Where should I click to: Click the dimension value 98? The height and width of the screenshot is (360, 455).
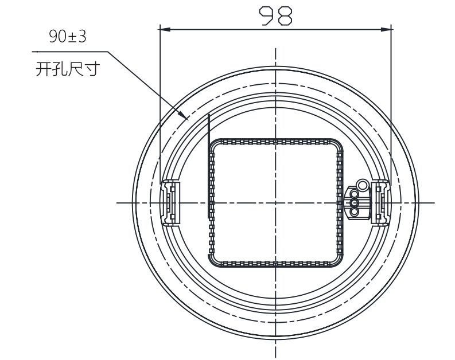click(x=275, y=16)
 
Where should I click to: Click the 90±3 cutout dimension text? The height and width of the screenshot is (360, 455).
click(x=68, y=37)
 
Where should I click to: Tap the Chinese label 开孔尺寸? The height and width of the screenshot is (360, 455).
click(x=68, y=69)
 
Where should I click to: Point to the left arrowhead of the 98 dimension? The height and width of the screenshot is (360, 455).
click(x=165, y=29)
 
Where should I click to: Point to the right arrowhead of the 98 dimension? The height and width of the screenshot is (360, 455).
click(x=386, y=29)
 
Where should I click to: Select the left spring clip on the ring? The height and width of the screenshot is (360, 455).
click(x=170, y=202)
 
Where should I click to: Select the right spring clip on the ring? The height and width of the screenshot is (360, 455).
click(x=381, y=202)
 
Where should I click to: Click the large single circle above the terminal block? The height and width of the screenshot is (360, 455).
click(x=362, y=185)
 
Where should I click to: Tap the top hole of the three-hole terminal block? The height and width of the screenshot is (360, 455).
click(x=354, y=194)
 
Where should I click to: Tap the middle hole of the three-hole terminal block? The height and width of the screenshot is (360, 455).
click(x=354, y=202)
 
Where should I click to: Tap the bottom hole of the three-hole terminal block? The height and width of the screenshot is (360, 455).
click(x=354, y=212)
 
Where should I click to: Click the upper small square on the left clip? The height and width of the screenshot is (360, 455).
click(x=172, y=189)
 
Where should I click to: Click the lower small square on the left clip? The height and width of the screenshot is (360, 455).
click(x=172, y=217)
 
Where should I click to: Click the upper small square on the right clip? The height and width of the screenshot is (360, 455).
click(x=378, y=189)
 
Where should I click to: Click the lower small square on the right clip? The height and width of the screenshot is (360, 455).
click(x=378, y=217)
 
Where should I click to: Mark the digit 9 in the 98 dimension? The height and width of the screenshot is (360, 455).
click(x=267, y=16)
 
